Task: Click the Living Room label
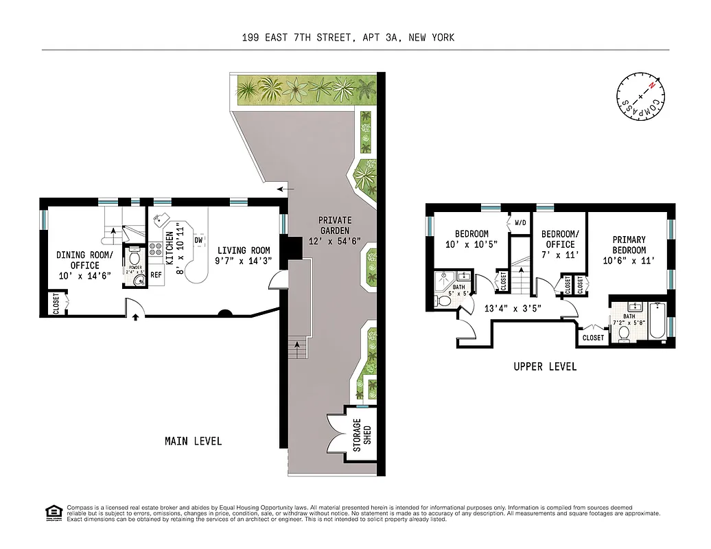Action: pos(244,255)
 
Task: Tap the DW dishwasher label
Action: pos(198,240)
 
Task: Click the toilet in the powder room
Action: pos(134,259)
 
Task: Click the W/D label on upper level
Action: pos(520,223)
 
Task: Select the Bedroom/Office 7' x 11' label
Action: pos(559,244)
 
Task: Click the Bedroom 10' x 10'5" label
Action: pos(471,239)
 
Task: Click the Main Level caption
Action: pos(193,441)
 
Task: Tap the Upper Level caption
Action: pos(545,366)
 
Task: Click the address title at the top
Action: pos(348,38)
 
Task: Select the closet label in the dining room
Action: pos(56,303)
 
